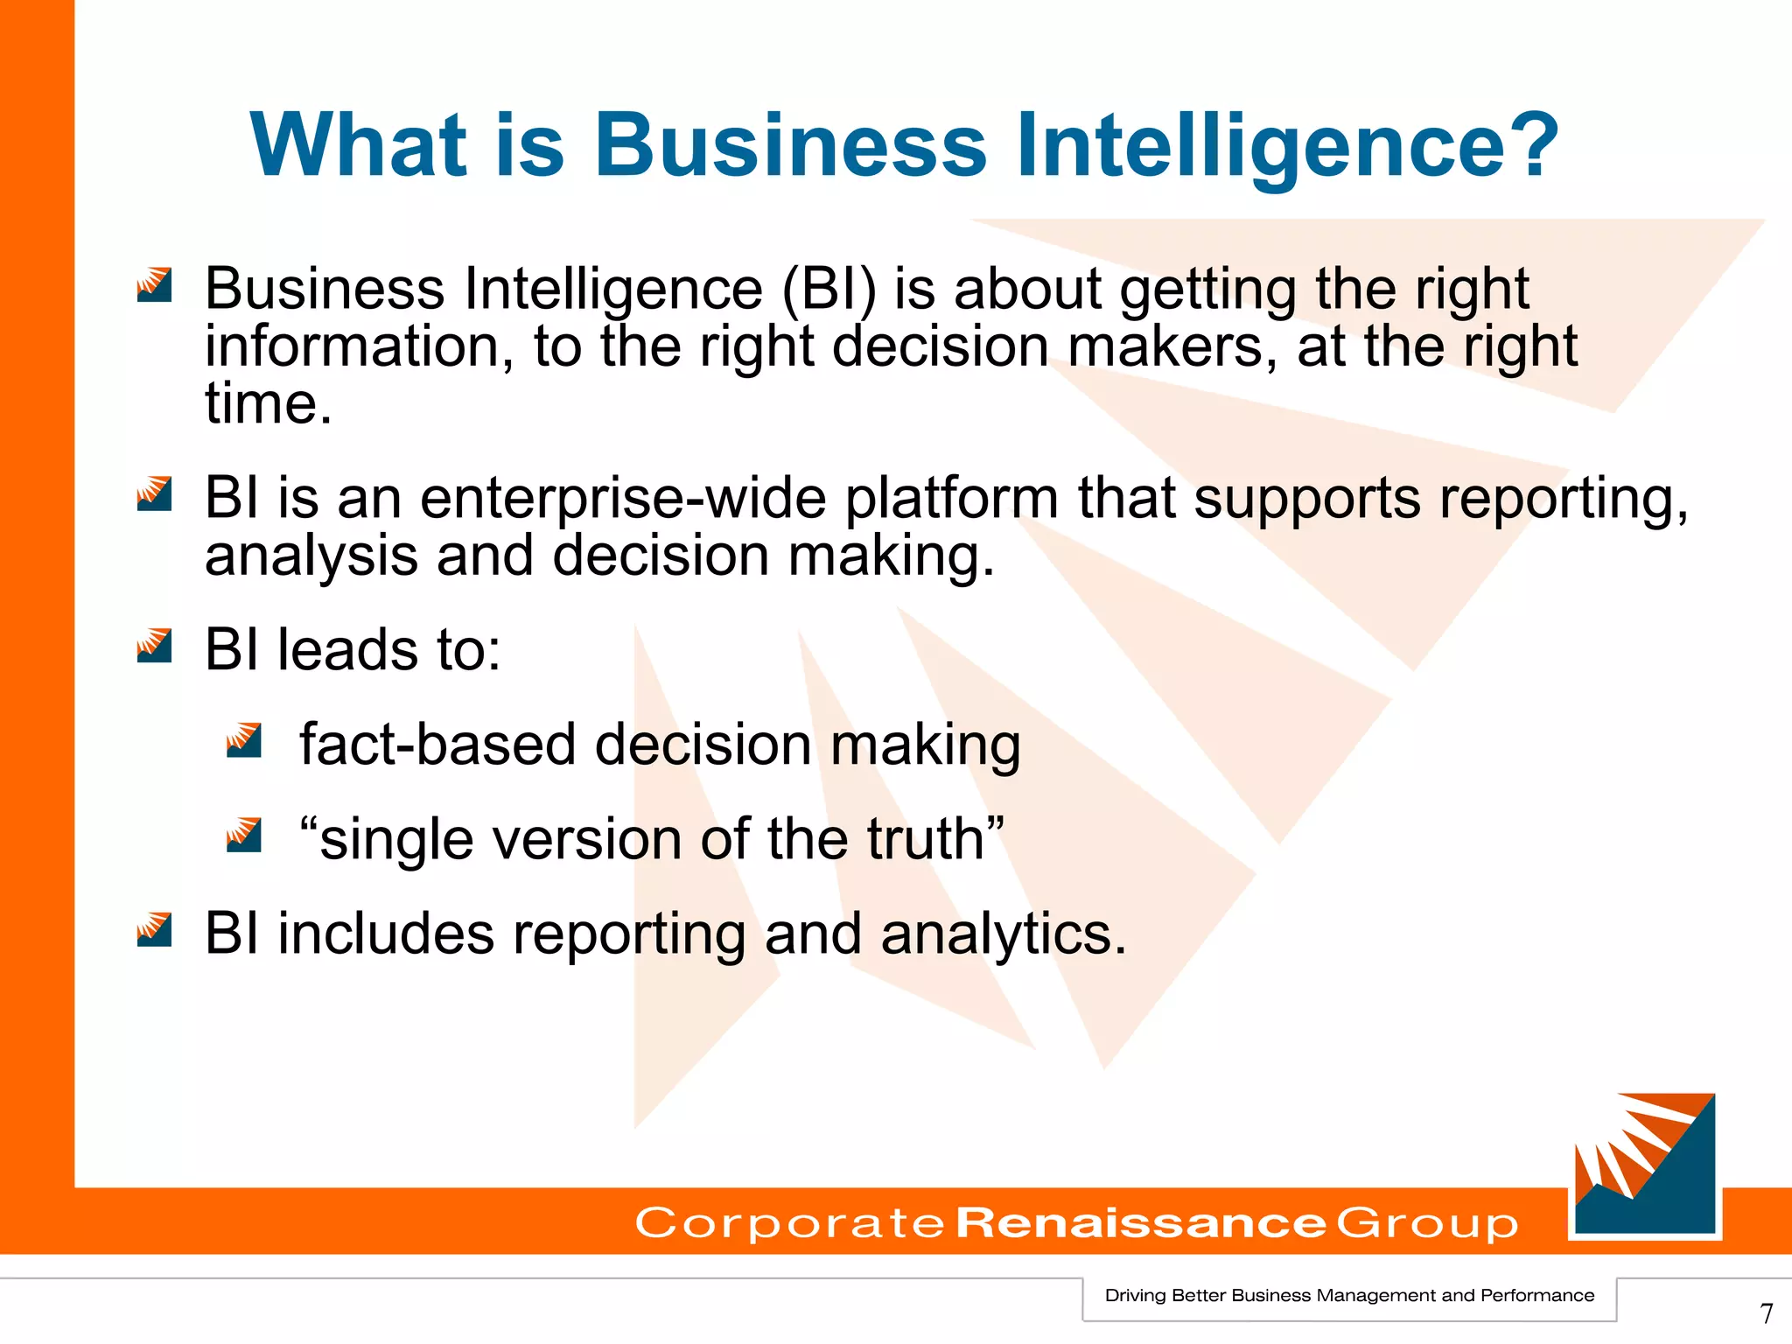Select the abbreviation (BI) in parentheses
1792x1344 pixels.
[829, 290]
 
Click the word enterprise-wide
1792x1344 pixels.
[623, 499]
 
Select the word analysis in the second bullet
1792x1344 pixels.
[311, 556]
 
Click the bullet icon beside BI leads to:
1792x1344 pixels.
[155, 646]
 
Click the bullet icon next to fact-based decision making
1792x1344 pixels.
[244, 740]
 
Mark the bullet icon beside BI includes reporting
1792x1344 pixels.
[155, 930]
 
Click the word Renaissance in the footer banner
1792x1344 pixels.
[1141, 1222]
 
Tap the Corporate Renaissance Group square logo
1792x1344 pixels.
[1645, 1165]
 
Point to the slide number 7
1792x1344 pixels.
[1767, 1313]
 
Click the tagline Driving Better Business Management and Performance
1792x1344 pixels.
[1349, 1296]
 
